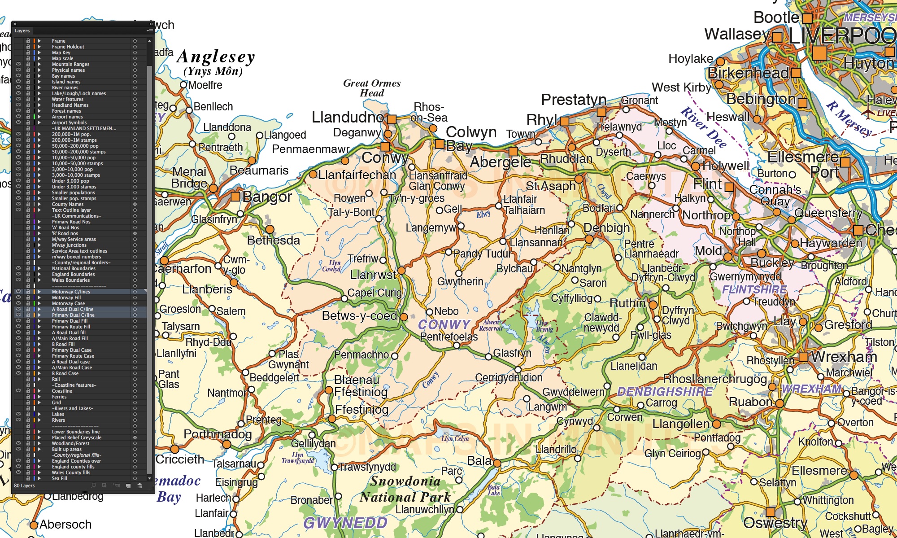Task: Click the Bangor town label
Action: [x=267, y=197]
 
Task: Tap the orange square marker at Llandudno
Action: [x=392, y=119]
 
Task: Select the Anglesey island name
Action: [x=216, y=57]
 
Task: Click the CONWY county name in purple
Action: [x=444, y=324]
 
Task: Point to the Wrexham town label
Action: [x=844, y=357]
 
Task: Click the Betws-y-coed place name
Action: [x=359, y=316]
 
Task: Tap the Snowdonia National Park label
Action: [x=405, y=489]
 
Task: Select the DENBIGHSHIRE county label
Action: [x=665, y=392]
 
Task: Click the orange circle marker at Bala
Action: [x=497, y=463]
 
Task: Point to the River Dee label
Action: [x=703, y=128]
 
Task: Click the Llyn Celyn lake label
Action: [x=455, y=439]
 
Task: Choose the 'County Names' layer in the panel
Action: [x=68, y=204]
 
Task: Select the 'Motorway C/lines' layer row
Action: [x=71, y=292]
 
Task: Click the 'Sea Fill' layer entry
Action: [x=59, y=478]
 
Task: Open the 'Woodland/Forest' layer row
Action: [x=70, y=443]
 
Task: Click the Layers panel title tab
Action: [x=22, y=31]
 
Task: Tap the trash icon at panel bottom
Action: [x=139, y=486]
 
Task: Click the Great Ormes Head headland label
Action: [x=372, y=88]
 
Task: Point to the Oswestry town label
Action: [x=775, y=523]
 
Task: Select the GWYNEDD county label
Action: [x=345, y=523]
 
